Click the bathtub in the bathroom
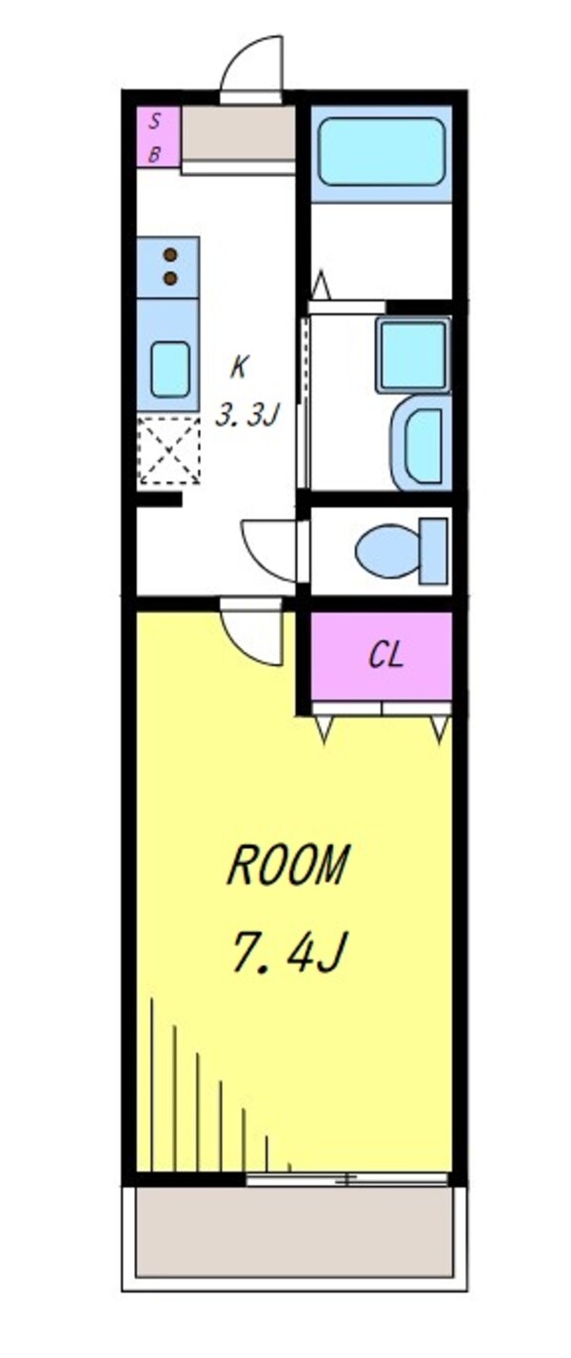381,151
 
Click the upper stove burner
171,255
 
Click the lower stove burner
171,278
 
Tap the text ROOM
288,866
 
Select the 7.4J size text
286,952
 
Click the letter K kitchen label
239,364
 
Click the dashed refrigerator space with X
168,449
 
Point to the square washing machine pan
413,355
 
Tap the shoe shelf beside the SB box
237,135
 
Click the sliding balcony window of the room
346,1179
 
